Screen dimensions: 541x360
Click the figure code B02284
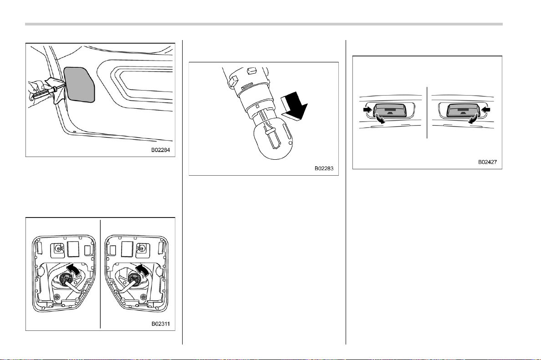pyautogui.click(x=160, y=150)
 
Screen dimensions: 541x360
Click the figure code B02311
pyautogui.click(x=160, y=324)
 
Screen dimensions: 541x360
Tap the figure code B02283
pyautogui.click(x=324, y=168)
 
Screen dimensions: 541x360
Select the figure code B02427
pyautogui.click(x=488, y=162)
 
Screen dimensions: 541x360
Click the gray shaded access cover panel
pyautogui.click(x=79, y=85)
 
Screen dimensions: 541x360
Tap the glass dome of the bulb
pyautogui.click(x=273, y=140)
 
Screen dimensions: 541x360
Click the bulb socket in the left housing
pyautogui.click(x=66, y=279)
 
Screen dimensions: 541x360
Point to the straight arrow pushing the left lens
pyautogui.click(x=368, y=109)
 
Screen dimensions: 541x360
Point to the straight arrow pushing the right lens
pyautogui.click(x=485, y=109)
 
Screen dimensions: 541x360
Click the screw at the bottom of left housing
pyautogui.click(x=56, y=297)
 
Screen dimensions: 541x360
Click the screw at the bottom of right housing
pyautogui.click(x=143, y=297)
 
